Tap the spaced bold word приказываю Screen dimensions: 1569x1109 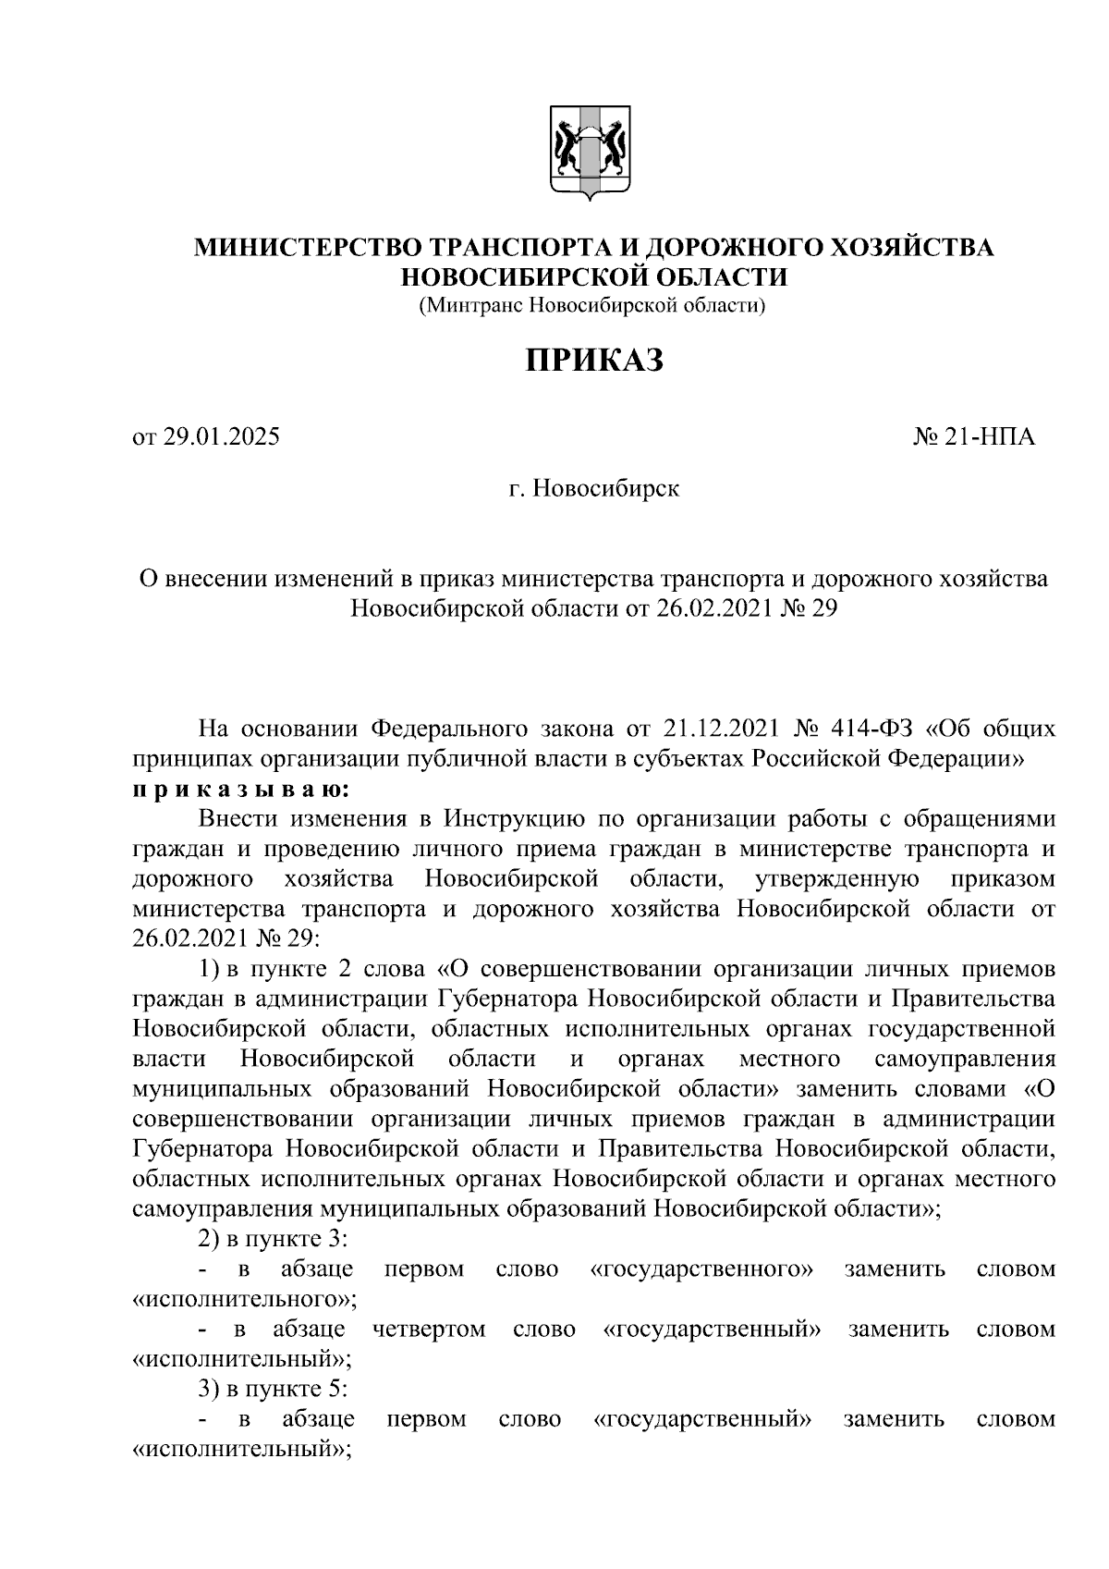point(241,789)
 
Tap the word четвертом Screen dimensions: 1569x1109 point(429,1330)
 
